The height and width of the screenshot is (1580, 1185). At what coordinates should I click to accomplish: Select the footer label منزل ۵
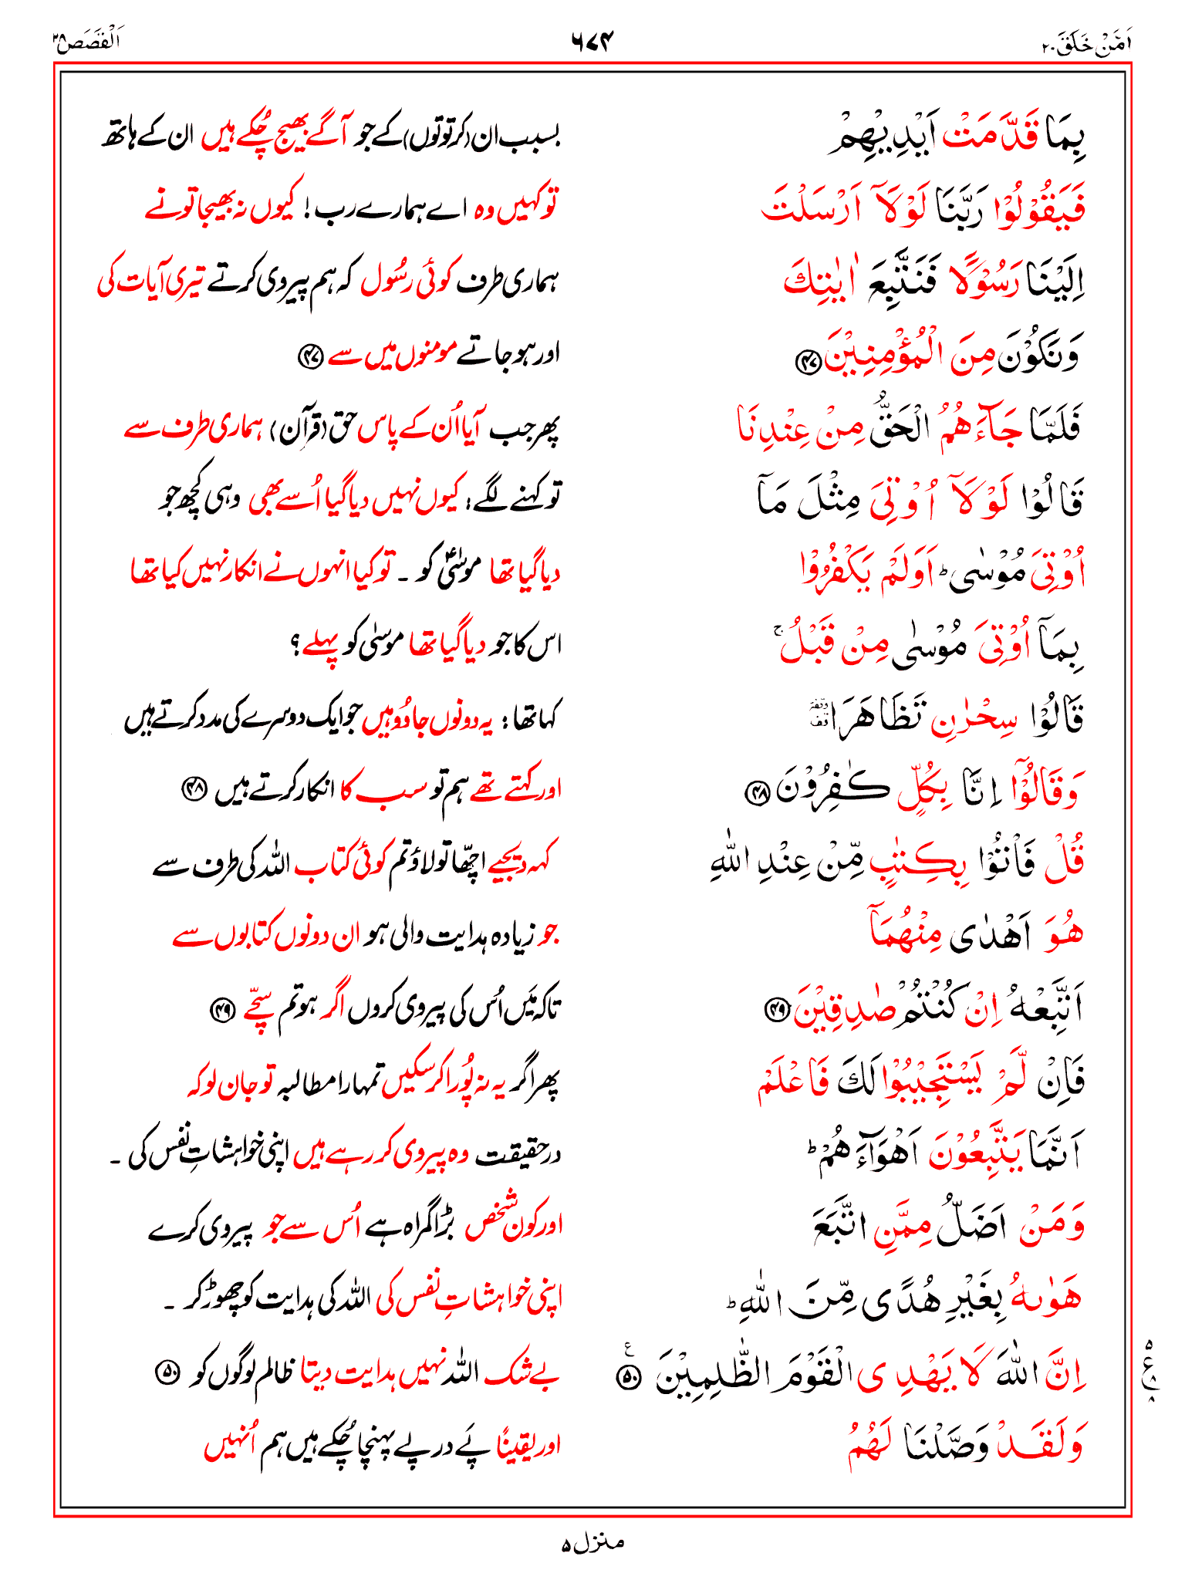tap(592, 1542)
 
